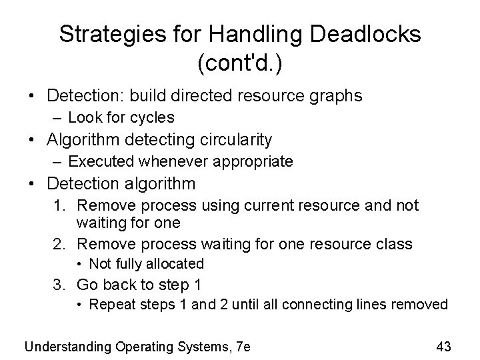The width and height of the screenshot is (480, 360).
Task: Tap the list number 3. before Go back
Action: point(62,285)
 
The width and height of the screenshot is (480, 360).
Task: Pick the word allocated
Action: point(173,264)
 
